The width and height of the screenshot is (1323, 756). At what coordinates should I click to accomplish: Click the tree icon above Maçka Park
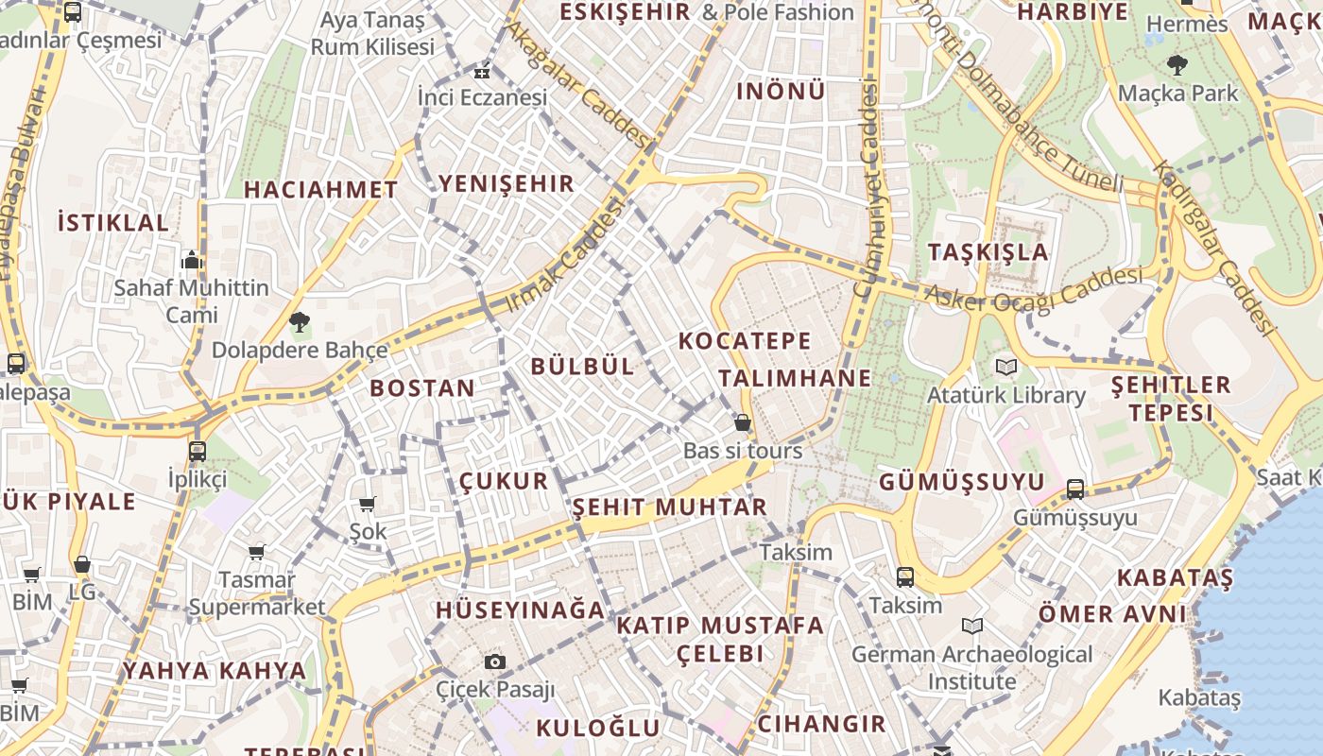(1177, 65)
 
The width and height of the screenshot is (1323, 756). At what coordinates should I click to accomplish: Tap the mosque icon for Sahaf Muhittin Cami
(192, 259)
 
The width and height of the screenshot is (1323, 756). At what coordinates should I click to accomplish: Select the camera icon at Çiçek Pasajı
(494, 661)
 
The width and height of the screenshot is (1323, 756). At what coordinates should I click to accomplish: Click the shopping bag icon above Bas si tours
(743, 421)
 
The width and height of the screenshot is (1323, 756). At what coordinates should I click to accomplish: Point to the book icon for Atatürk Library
(1004, 366)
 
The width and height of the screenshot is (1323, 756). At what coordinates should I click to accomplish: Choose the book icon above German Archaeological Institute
(971, 626)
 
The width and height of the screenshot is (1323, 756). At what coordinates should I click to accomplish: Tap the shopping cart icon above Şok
(367, 504)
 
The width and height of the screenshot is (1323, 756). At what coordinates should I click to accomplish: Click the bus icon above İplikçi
(197, 451)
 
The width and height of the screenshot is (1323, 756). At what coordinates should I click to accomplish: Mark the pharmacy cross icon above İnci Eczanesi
(482, 71)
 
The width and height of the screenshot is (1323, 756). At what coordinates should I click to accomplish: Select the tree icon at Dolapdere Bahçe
(300, 321)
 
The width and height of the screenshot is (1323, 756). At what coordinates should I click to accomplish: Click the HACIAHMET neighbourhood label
(321, 190)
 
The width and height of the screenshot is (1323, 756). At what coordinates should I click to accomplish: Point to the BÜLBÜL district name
(582, 367)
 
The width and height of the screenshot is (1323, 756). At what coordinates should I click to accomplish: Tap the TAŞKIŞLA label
(988, 252)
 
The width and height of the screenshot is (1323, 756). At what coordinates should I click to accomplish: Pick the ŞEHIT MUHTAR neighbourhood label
(670, 507)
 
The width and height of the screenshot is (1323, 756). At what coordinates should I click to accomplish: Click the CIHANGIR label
(821, 725)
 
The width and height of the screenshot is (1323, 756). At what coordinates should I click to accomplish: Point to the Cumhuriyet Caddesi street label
(866, 189)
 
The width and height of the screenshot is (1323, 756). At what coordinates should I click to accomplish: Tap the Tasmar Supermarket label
(257, 593)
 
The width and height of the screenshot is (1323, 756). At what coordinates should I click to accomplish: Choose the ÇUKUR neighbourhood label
(504, 481)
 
